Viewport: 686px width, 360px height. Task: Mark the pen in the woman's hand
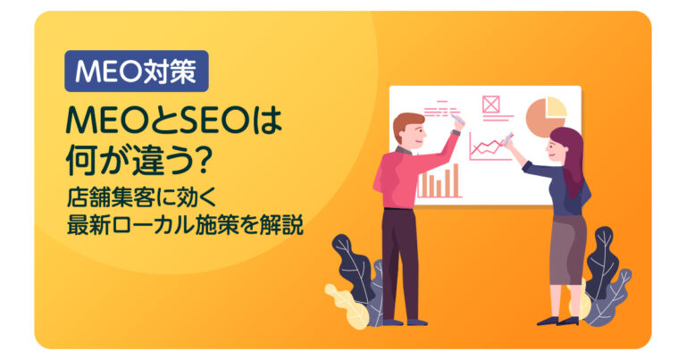(508, 138)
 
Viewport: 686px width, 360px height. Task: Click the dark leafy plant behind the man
(353, 267)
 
